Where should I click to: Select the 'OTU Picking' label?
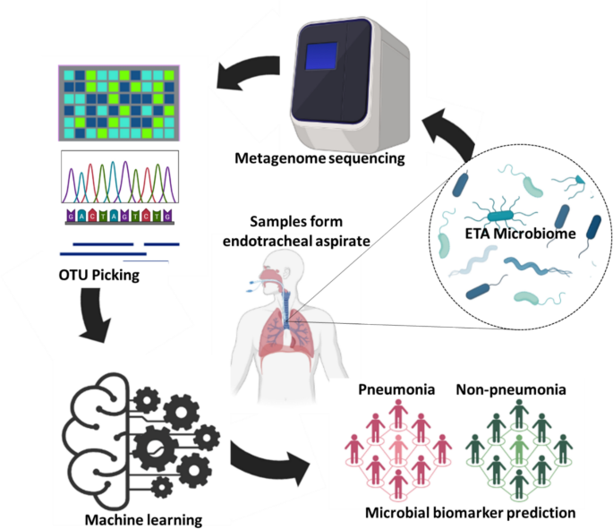pos(98,275)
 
